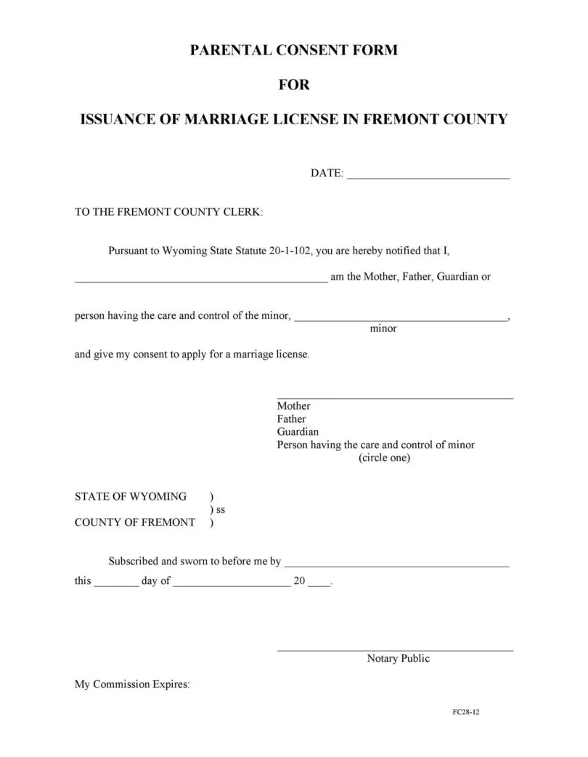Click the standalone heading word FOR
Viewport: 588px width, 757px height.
point(294,85)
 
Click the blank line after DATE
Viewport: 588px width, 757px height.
point(428,174)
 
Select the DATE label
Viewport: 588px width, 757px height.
point(327,174)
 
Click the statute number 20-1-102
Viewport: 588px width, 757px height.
point(290,251)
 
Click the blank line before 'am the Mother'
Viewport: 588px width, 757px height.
point(201,279)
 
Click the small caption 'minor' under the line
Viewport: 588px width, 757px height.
point(383,328)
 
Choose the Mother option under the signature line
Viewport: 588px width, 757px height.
point(293,406)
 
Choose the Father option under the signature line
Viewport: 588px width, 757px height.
point(291,419)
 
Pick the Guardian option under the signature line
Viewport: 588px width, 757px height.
point(298,432)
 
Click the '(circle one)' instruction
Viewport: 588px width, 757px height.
point(384,458)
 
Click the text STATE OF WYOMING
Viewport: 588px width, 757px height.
point(131,497)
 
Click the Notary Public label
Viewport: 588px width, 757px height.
point(398,659)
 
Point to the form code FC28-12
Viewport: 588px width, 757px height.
point(465,712)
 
